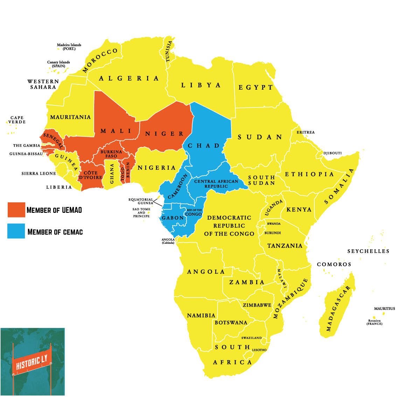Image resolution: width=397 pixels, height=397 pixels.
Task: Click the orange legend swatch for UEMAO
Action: click(x=16, y=210)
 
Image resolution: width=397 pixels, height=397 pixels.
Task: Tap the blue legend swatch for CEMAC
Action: click(x=16, y=231)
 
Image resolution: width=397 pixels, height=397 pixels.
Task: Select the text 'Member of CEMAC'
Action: click(x=55, y=232)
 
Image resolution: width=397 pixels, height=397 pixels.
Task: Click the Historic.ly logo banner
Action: click(x=32, y=361)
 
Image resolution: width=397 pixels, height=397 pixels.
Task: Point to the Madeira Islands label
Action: click(x=69, y=47)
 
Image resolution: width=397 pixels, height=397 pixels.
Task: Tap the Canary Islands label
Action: click(x=58, y=64)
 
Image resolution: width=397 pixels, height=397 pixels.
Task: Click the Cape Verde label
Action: click(x=17, y=120)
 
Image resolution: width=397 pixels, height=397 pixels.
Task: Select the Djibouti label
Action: click(x=332, y=153)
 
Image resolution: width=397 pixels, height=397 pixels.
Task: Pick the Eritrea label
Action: click(x=305, y=132)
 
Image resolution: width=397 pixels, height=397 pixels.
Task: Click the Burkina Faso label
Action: click(x=111, y=154)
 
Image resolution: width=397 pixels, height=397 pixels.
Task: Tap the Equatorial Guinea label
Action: click(x=141, y=201)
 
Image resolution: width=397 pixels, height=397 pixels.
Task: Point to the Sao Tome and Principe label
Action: click(x=141, y=213)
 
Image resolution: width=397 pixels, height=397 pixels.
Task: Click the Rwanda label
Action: click(x=273, y=224)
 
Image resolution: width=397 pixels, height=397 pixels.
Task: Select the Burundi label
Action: click(x=272, y=233)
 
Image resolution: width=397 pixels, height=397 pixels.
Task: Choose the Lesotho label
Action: click(x=259, y=350)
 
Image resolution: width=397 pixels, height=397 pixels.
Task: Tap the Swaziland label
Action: click(x=251, y=338)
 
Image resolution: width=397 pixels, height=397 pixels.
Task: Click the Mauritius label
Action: click(x=384, y=308)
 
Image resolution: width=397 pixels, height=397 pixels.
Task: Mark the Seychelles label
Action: click(x=368, y=251)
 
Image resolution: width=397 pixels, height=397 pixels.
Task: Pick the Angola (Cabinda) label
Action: click(x=168, y=241)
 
